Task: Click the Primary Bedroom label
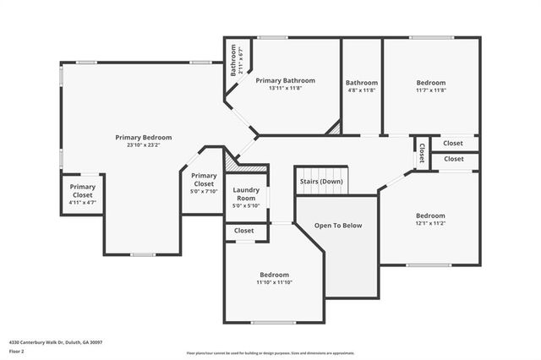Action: click(x=144, y=137)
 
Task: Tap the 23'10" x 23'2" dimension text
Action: click(x=144, y=145)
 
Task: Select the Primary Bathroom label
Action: click(x=285, y=80)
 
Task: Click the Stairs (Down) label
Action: click(x=321, y=181)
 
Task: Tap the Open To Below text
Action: click(x=338, y=226)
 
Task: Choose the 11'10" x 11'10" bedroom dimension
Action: click(x=274, y=282)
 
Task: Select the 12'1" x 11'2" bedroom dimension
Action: click(x=430, y=222)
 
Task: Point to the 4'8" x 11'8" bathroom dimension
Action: click(x=362, y=90)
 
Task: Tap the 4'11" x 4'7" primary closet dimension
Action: click(x=82, y=203)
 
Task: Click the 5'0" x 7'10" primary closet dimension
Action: click(x=203, y=191)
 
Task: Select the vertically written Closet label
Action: click(x=421, y=153)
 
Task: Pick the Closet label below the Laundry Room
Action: click(x=244, y=230)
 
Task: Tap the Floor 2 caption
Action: click(x=16, y=351)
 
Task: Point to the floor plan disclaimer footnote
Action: click(x=270, y=352)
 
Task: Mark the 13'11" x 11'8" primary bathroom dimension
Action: click(x=285, y=88)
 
